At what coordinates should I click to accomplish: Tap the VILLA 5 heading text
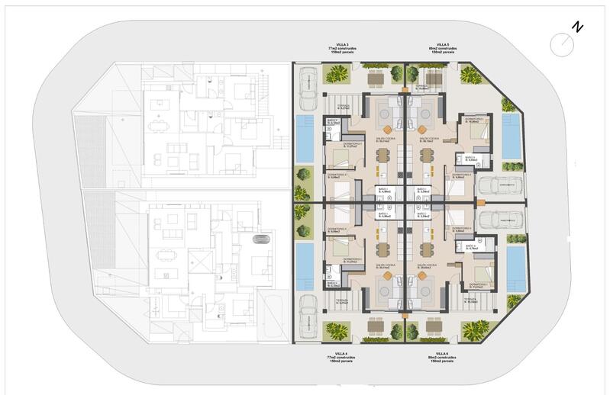point(442,44)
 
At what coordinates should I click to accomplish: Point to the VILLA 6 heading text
point(442,354)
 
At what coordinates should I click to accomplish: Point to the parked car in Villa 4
point(309,313)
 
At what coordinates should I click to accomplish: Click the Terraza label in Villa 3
point(344,106)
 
